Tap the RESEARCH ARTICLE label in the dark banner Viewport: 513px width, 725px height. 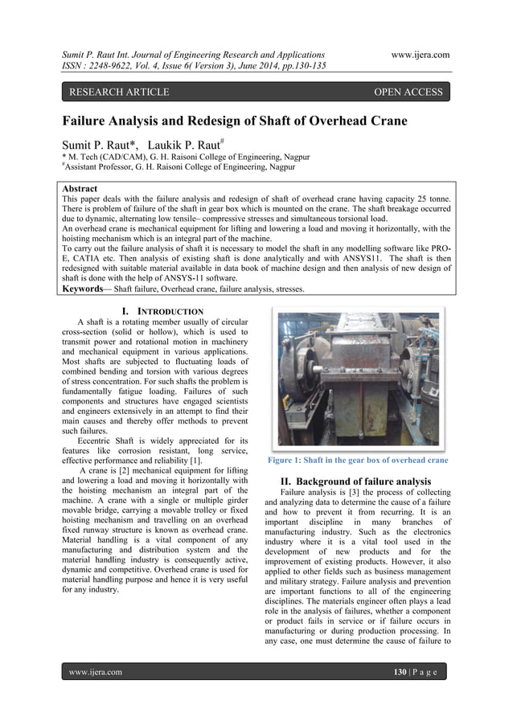119,92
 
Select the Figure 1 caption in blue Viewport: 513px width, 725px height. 357,461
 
